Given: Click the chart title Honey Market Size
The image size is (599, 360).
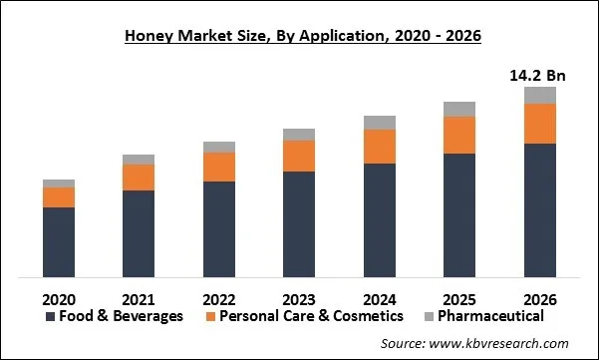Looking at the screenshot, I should coord(298,38).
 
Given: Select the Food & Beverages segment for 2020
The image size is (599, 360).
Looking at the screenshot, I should coord(59,241).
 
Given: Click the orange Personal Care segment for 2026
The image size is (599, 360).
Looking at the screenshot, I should coord(539,124).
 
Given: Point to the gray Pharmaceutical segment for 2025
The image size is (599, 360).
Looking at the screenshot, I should coord(459,109).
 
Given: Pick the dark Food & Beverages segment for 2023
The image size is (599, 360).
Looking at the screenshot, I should coord(299,223).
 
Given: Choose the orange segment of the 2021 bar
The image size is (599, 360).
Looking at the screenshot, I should coord(139,177).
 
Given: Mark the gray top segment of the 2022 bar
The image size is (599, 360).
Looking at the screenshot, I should coord(219,147).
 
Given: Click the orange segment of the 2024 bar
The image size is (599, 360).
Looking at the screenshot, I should coord(379,146).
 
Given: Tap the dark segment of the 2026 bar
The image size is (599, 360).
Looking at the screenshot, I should coord(539,209).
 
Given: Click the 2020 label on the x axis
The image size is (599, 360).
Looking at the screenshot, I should coord(59,298).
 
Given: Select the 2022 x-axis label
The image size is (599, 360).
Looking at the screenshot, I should coord(219,298).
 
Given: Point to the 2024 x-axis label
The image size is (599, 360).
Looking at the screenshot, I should coord(379,298).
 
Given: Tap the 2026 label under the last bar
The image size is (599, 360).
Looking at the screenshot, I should coord(539,298).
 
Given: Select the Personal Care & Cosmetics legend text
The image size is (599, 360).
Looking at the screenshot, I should coord(311,316).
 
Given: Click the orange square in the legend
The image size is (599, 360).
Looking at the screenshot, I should coord(209,317).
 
